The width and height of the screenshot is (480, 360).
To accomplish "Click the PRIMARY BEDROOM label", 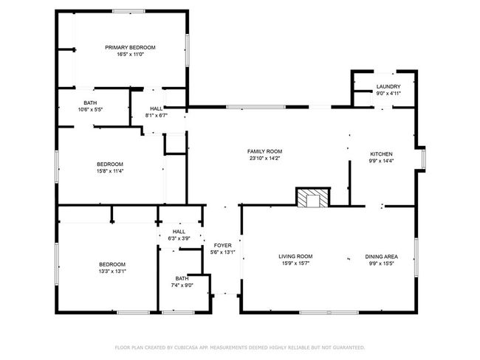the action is pyautogui.click(x=130, y=47).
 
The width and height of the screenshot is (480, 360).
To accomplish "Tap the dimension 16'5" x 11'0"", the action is pyautogui.click(x=130, y=55).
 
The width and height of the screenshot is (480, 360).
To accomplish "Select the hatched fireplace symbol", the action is pyautogui.click(x=313, y=197).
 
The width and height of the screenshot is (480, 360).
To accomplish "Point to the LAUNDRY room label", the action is pyautogui.click(x=388, y=86).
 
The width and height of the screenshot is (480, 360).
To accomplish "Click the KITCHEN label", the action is pyautogui.click(x=381, y=154).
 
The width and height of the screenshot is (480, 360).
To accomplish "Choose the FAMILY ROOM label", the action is pyautogui.click(x=264, y=151).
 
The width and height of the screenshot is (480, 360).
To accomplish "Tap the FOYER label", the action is pyautogui.click(x=222, y=246).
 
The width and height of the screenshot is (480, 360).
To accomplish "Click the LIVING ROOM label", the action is pyautogui.click(x=295, y=256).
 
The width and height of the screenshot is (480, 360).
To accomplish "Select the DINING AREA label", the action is pyautogui.click(x=381, y=256).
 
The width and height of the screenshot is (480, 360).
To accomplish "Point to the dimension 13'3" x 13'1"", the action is pyautogui.click(x=112, y=271).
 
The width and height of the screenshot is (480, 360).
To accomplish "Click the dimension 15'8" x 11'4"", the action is pyautogui.click(x=110, y=171).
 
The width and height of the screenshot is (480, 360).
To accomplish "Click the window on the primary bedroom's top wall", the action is pyautogui.click(x=128, y=11).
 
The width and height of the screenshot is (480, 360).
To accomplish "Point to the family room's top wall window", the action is pyautogui.click(x=256, y=107).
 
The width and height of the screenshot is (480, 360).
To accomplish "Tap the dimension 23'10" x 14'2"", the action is pyautogui.click(x=264, y=158).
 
